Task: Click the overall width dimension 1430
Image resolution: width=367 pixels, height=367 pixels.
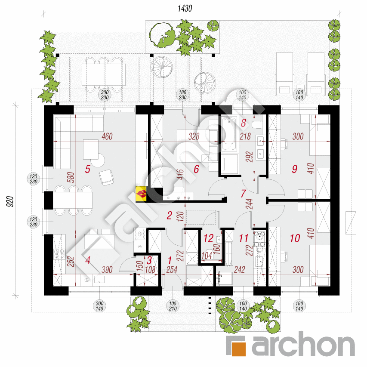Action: click(185, 9)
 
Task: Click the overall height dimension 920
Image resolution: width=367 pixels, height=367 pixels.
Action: click(10, 201)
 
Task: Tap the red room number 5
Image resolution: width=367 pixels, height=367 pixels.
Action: click(87, 169)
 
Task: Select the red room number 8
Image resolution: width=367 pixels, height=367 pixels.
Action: click(244, 123)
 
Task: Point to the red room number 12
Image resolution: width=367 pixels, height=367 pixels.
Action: click(208, 238)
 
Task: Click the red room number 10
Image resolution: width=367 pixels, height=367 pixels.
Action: click(295, 238)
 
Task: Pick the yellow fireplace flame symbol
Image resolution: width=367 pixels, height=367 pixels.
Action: click(141, 194)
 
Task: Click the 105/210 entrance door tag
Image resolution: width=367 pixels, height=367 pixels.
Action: click(173, 306)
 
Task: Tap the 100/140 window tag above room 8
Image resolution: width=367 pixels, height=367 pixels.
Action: click(243, 95)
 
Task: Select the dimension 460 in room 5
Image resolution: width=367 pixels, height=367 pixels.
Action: click(107, 136)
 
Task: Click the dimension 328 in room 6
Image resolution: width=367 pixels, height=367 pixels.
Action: click(194, 136)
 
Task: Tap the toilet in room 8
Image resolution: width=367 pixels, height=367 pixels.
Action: click(257, 124)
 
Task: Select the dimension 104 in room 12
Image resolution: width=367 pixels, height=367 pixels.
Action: click(207, 256)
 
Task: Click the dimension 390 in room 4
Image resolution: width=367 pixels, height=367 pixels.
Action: click(107, 270)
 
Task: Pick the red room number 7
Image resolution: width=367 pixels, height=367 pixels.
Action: click(244, 193)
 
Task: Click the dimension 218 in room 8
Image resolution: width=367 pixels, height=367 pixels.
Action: click(245, 136)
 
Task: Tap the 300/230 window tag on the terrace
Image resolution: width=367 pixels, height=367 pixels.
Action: click(105, 95)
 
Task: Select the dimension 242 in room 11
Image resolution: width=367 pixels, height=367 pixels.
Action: click(239, 270)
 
